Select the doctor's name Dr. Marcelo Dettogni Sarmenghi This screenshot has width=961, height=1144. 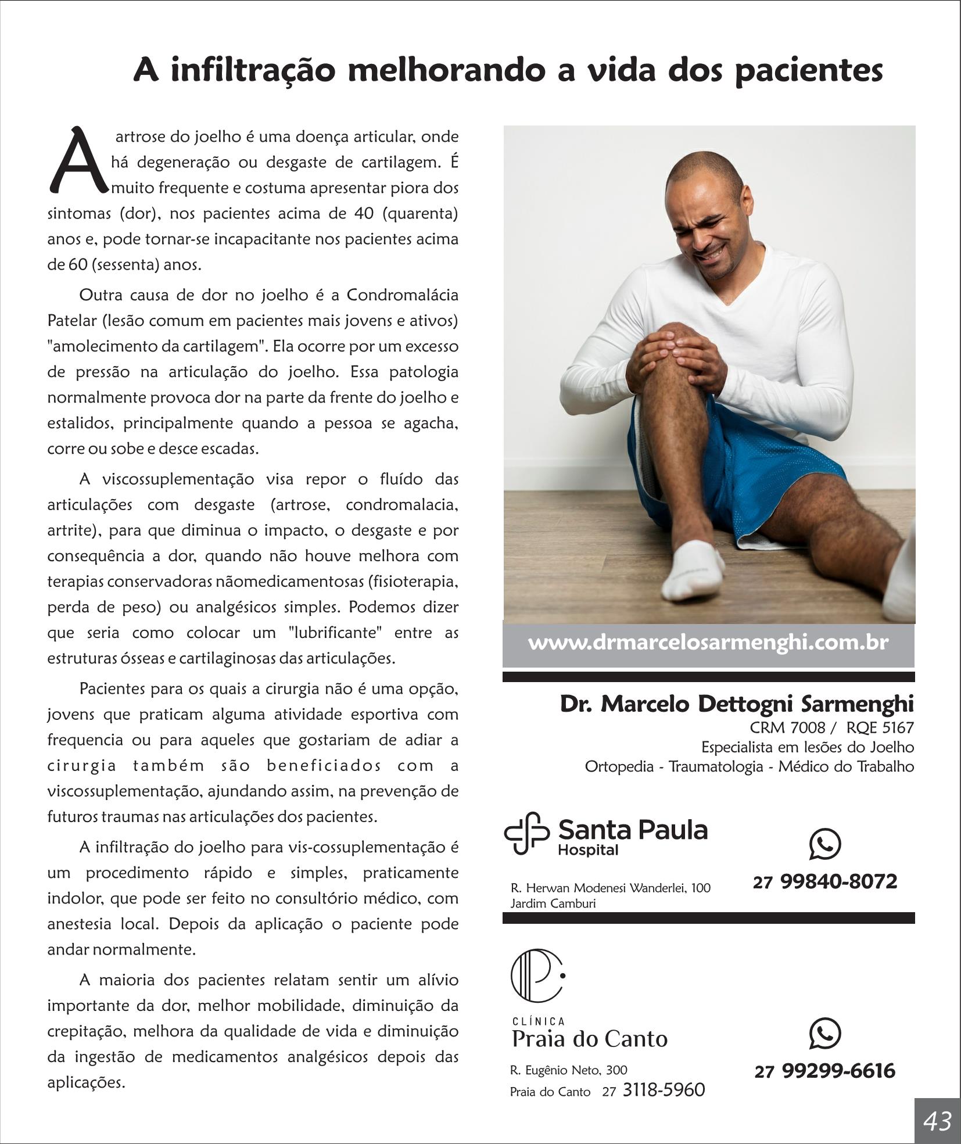coord(736,704)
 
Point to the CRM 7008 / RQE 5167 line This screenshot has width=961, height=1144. coord(831,727)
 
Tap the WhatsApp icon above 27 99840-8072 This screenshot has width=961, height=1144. coord(824,844)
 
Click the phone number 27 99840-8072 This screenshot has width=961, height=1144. coord(825,881)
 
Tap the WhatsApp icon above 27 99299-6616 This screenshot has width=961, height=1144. coord(824,1034)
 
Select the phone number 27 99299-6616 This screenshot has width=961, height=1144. coord(825,1071)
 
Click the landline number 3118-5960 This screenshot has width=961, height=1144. coord(664,1090)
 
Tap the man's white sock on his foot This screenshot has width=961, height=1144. coord(695,569)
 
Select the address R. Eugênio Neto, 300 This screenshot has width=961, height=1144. coord(568,1070)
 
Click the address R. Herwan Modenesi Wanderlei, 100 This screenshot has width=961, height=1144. coord(610,888)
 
